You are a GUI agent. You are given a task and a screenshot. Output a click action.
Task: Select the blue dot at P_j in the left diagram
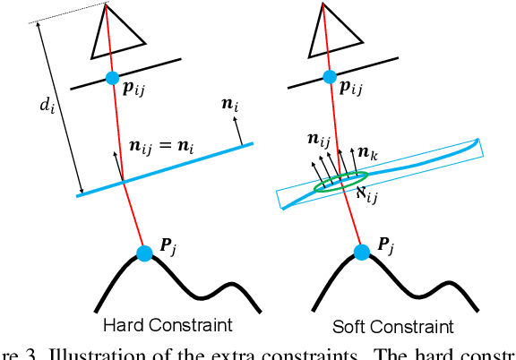[x=143, y=253]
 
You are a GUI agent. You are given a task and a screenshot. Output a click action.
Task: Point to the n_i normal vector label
[x=232, y=104]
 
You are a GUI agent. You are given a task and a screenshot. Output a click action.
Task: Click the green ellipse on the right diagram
[x=340, y=182]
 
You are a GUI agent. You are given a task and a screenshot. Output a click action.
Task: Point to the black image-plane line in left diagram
[x=125, y=74]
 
